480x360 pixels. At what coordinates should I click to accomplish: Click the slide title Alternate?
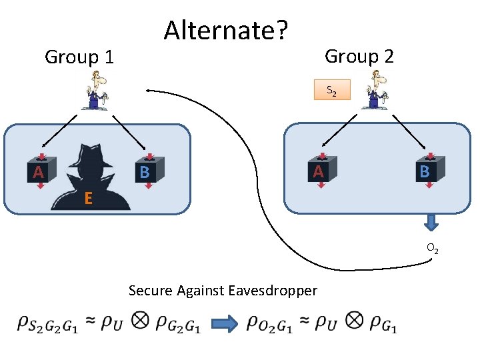(x=226, y=30)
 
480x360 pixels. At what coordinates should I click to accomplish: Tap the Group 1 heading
(x=79, y=57)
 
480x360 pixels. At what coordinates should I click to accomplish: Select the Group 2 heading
(x=359, y=56)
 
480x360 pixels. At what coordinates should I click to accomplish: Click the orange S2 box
(x=332, y=90)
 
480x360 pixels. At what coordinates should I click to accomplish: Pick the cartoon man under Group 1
(x=96, y=90)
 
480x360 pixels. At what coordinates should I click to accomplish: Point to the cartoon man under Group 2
(x=375, y=89)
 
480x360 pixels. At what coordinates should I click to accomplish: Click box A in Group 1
(x=41, y=170)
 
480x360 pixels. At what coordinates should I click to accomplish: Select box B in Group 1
(x=149, y=170)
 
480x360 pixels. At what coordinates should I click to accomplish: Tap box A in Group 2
(x=322, y=169)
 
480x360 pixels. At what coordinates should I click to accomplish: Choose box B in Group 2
(x=430, y=169)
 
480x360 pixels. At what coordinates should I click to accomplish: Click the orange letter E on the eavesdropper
(x=88, y=198)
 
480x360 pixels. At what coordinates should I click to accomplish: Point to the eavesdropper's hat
(x=91, y=155)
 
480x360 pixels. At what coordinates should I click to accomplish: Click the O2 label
(x=433, y=248)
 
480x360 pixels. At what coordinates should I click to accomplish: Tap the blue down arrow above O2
(x=431, y=223)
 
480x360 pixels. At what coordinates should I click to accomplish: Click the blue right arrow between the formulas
(x=225, y=323)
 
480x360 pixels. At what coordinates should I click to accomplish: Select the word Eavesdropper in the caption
(x=273, y=290)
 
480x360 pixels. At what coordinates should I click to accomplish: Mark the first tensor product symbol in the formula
(x=140, y=321)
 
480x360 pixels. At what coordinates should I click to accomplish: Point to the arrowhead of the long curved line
(x=148, y=91)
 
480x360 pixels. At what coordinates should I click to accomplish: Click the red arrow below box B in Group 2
(x=429, y=185)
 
